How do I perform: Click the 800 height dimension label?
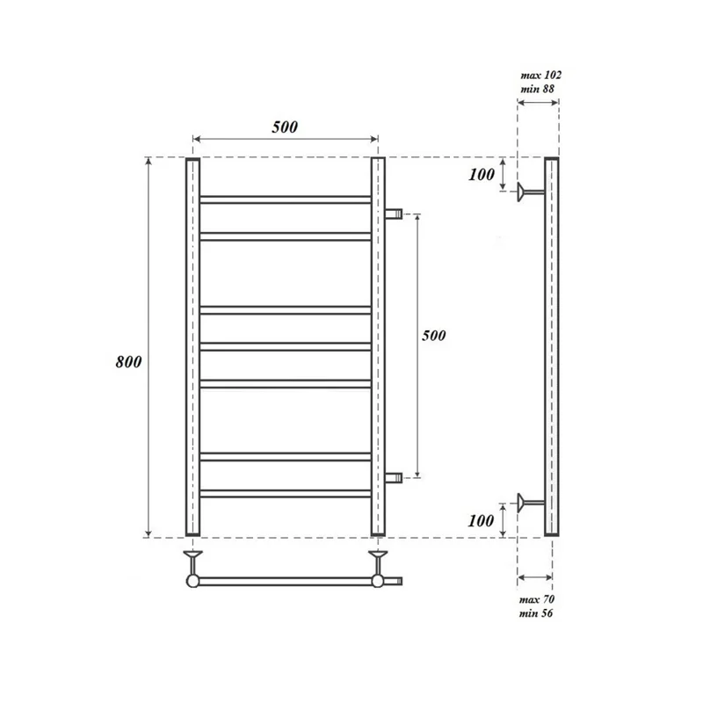click(x=127, y=362)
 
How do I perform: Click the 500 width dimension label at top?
click(x=285, y=127)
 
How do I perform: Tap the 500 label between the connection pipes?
click(x=434, y=336)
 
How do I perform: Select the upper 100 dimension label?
click(x=482, y=175)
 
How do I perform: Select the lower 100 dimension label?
click(x=482, y=520)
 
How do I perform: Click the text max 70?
click(x=537, y=599)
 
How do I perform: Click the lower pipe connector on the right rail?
click(x=393, y=477)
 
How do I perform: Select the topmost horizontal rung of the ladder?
click(x=286, y=199)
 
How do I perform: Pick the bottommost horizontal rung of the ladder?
click(x=286, y=494)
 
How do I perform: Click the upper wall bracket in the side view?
click(x=531, y=192)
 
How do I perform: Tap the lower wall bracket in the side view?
click(x=531, y=503)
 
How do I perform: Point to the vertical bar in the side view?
click(x=551, y=347)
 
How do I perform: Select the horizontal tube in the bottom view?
click(x=286, y=580)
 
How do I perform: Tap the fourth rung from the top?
click(x=286, y=346)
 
